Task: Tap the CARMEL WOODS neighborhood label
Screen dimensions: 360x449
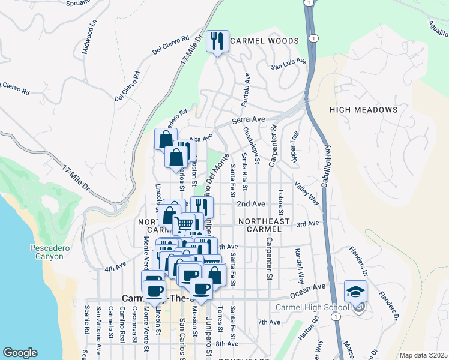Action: pos(264,41)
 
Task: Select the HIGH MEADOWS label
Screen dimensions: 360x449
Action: pos(363,110)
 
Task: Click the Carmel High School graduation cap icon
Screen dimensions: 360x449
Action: pos(355,292)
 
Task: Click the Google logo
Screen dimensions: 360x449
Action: pos(20,352)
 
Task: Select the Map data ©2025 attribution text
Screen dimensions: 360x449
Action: pos(423,355)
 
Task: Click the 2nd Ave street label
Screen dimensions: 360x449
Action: pos(251,204)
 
